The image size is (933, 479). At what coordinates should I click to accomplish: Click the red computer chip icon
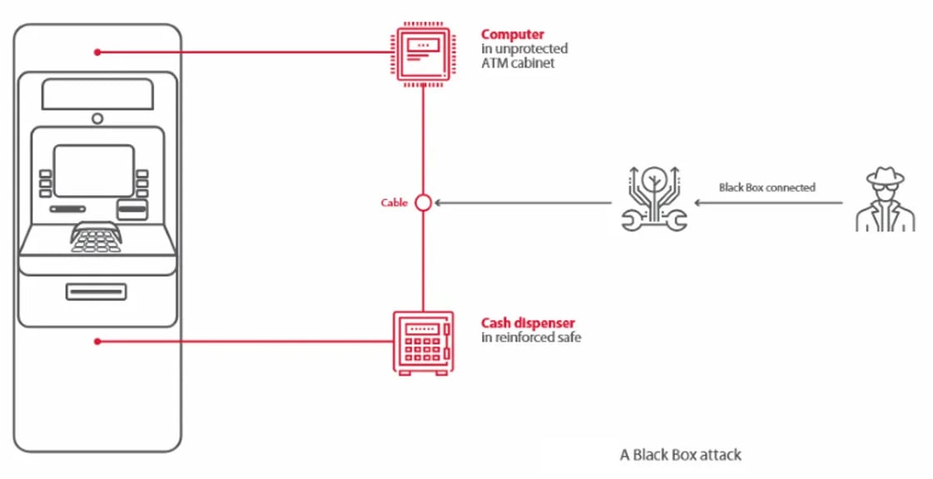pyautogui.click(x=423, y=54)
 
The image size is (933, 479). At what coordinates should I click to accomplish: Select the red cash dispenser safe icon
pyautogui.click(x=423, y=342)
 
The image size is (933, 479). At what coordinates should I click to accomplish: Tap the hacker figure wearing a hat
pyautogui.click(x=885, y=200)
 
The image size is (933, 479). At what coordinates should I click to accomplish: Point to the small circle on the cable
pyautogui.click(x=423, y=202)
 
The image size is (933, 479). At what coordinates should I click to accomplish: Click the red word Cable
pyautogui.click(x=394, y=202)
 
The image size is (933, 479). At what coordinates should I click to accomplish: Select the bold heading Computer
pyautogui.click(x=512, y=35)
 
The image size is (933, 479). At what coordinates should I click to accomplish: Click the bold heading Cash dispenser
pyautogui.click(x=528, y=323)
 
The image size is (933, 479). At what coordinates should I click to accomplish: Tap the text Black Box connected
pyautogui.click(x=767, y=187)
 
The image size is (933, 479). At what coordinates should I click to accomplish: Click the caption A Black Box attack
pyautogui.click(x=680, y=455)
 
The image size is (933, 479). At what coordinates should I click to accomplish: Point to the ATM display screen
pyautogui.click(x=94, y=171)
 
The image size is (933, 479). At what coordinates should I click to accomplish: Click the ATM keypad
pyautogui.click(x=96, y=238)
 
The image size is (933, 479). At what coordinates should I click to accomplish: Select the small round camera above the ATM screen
pyautogui.click(x=97, y=118)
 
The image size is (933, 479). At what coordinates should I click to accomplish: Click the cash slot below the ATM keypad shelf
pyautogui.click(x=97, y=292)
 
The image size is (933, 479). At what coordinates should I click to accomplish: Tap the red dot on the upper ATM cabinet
pyautogui.click(x=97, y=52)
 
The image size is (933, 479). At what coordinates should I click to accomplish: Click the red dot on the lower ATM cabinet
pyautogui.click(x=97, y=341)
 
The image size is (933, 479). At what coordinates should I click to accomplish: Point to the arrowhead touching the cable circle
pyautogui.click(x=437, y=202)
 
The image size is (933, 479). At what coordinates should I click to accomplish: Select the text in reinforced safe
pyautogui.click(x=530, y=337)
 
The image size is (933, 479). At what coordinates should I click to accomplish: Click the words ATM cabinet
pyautogui.click(x=518, y=62)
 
